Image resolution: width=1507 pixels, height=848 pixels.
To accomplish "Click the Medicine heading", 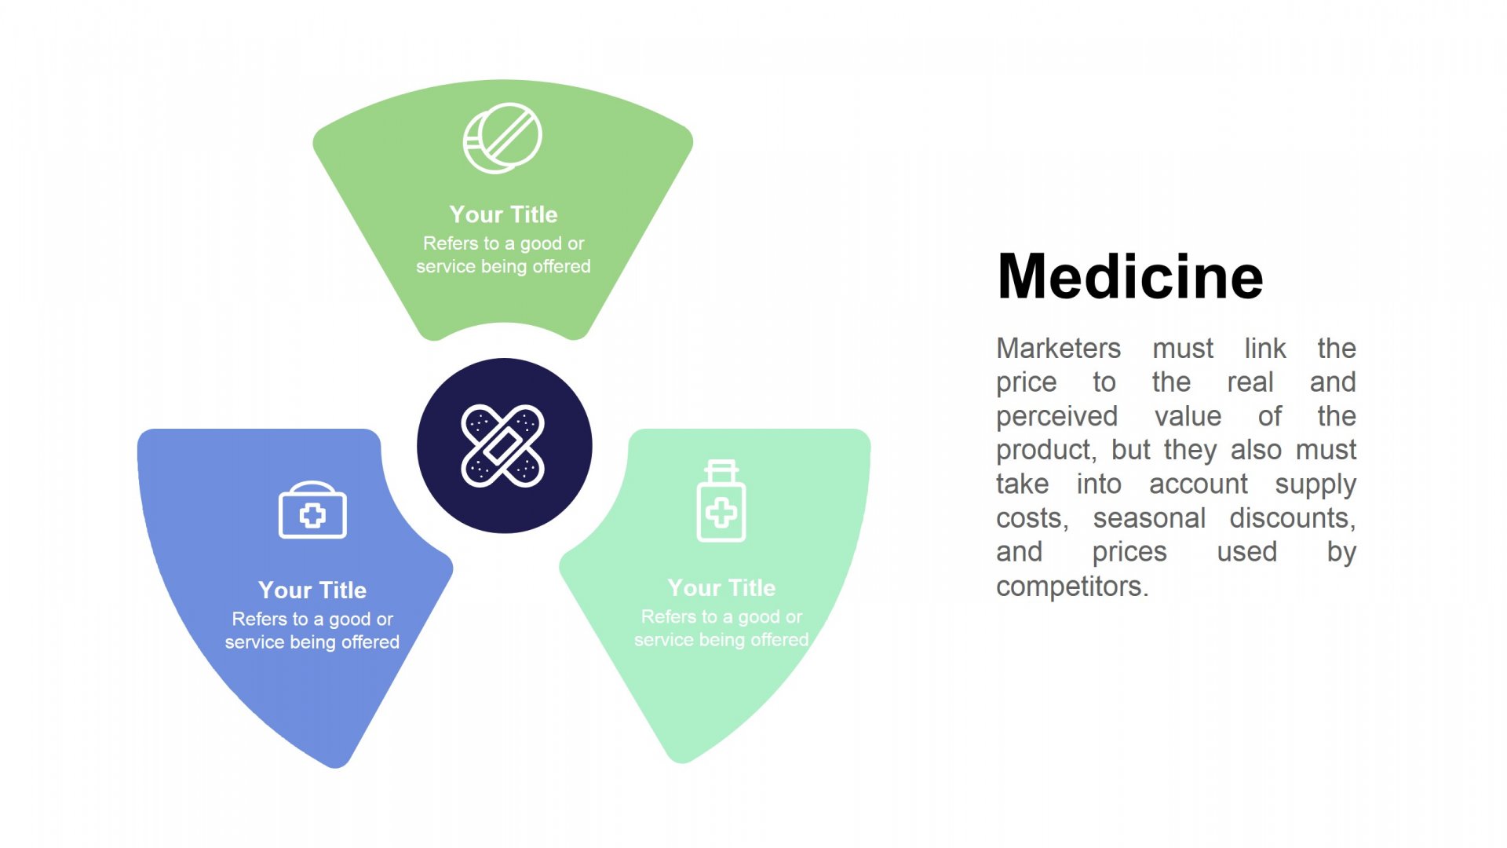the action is [x=1130, y=276].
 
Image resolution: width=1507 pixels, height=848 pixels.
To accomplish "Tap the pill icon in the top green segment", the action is [x=502, y=138].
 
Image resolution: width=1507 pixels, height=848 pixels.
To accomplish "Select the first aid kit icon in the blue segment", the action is [x=312, y=510].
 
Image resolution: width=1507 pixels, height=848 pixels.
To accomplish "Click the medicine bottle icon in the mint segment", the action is [x=721, y=501].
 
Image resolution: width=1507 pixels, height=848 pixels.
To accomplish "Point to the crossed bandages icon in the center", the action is [x=503, y=446].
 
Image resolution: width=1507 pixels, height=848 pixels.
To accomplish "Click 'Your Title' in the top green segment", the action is [x=504, y=214].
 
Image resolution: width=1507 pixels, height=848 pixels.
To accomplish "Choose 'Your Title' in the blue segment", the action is [x=312, y=590].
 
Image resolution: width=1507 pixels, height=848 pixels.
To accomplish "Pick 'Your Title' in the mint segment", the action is [x=721, y=587].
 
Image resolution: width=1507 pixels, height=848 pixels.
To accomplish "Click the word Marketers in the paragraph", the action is [x=1058, y=348].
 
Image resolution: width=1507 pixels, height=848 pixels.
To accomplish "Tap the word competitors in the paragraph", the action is [x=1072, y=587].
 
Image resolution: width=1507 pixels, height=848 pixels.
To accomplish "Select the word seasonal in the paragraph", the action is [x=1149, y=518].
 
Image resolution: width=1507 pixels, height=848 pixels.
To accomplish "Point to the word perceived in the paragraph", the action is [x=1056, y=417].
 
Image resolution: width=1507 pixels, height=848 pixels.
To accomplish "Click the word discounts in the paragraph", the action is [x=1293, y=519].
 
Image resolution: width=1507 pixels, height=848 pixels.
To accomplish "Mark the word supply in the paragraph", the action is [x=1315, y=485].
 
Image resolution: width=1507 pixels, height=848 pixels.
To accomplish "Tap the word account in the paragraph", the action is [x=1198, y=484].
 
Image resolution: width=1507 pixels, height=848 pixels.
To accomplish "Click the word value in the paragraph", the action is [x=1188, y=416].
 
